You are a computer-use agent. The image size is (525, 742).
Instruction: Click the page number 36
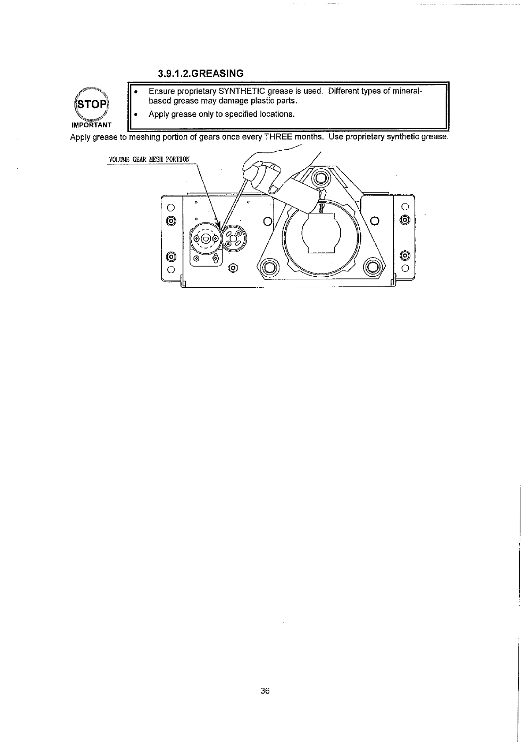264,691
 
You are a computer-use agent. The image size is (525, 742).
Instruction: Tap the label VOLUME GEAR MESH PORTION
149,159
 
